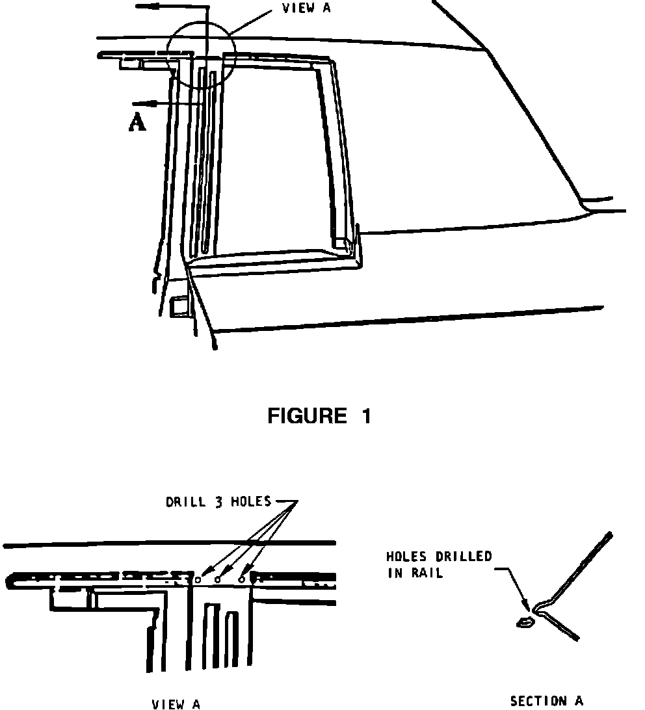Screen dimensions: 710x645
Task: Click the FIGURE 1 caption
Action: click(x=319, y=415)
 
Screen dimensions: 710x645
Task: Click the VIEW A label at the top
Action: click(x=306, y=8)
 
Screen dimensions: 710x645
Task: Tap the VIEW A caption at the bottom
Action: click(x=176, y=703)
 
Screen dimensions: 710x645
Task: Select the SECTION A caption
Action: click(x=547, y=700)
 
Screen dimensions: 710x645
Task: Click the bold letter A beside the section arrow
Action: click(x=137, y=123)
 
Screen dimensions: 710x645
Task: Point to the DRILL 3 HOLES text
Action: click(x=218, y=502)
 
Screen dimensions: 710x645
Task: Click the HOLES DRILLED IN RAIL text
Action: click(x=439, y=564)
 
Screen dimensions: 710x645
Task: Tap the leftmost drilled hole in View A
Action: click(x=198, y=578)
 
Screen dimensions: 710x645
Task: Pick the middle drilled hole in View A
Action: click(x=218, y=579)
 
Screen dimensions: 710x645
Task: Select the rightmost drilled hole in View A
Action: click(x=242, y=578)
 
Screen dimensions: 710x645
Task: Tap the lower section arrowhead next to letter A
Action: click(x=138, y=103)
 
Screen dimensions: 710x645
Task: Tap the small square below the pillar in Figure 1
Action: click(x=178, y=307)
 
